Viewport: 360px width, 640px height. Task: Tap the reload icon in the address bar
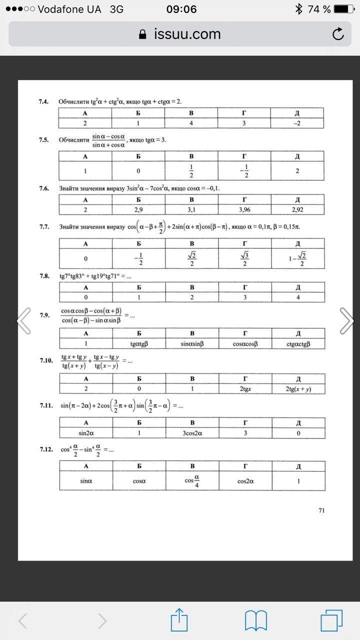(338, 34)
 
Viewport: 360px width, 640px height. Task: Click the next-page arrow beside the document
(346, 320)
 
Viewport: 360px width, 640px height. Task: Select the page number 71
(321, 510)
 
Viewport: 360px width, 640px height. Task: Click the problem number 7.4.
(43, 101)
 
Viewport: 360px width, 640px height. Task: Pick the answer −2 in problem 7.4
(298, 123)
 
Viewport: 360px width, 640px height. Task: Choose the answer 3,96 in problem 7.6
(244, 210)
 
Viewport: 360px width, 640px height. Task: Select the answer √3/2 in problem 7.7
(244, 258)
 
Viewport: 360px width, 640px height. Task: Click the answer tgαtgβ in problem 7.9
(138, 343)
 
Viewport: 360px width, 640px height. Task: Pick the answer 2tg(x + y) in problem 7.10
(298, 388)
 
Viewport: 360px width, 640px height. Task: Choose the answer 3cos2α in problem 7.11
(191, 433)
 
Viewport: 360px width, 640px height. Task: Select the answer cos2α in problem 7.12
(244, 481)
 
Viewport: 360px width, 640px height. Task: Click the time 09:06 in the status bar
(181, 9)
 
